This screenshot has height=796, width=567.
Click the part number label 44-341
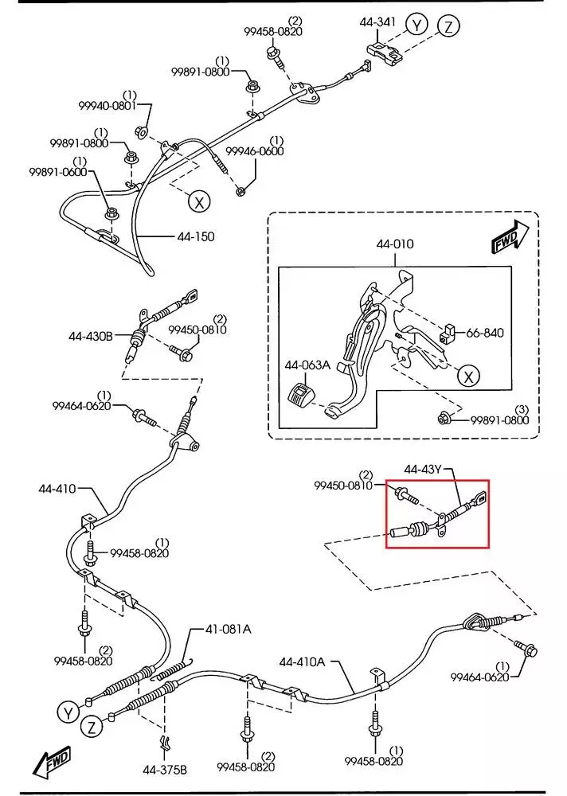(378, 24)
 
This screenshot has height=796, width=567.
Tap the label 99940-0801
(108, 105)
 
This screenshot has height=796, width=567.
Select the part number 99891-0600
(58, 172)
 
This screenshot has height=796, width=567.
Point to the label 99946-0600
(254, 151)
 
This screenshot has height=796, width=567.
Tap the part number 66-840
(484, 333)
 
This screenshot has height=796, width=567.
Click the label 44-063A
(307, 365)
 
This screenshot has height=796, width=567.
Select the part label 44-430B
(91, 337)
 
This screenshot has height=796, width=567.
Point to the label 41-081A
(228, 629)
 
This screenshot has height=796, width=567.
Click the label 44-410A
(302, 661)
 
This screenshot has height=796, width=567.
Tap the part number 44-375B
(165, 769)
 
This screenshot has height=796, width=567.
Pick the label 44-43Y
(423, 469)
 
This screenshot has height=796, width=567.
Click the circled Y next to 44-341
(416, 25)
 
